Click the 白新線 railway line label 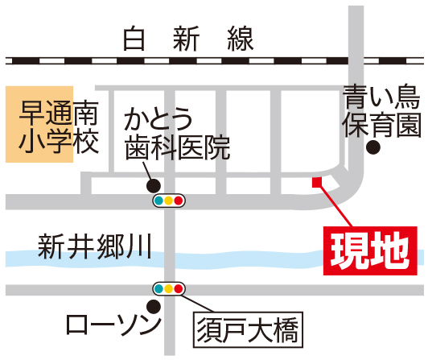188,39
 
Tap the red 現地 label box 370,250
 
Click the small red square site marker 317,182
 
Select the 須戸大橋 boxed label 248,329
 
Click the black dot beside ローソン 154,307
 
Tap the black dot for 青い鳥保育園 373,147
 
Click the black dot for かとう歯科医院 154,186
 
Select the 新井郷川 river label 95,246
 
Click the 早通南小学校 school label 59,126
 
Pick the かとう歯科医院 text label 177,134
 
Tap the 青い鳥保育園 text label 381,110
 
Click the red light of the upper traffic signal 179,201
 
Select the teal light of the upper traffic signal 158,201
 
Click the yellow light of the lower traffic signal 168,288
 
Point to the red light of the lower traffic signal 179,288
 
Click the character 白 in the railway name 134,39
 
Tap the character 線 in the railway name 241,39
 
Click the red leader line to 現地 336,207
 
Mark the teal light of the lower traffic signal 158,288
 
